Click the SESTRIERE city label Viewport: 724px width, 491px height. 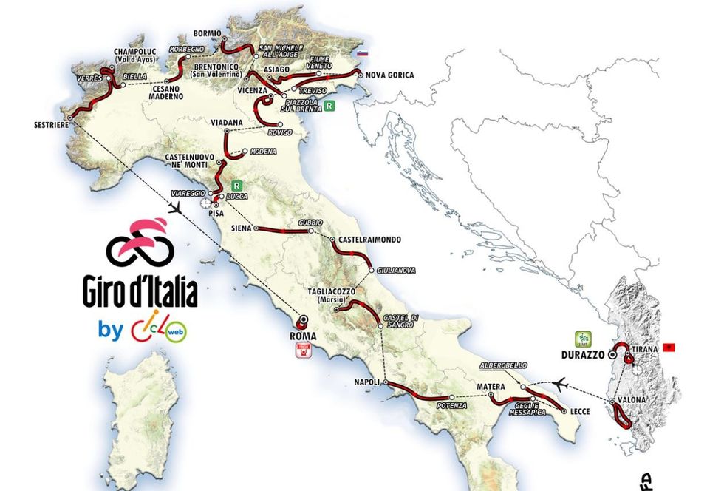(x=50, y=125)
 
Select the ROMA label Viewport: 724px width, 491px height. (x=304, y=336)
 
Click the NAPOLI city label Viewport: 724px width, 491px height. (x=368, y=382)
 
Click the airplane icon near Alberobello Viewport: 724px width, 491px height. (x=561, y=383)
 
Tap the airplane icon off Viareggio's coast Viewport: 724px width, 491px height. (x=175, y=209)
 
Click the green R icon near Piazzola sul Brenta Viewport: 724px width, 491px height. (x=329, y=106)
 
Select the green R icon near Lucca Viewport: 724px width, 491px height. (x=237, y=186)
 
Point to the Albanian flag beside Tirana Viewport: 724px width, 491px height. (x=670, y=347)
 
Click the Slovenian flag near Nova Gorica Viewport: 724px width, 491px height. (x=362, y=54)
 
